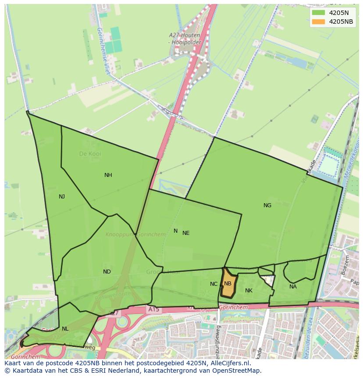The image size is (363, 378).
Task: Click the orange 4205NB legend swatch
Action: click(x=319, y=22)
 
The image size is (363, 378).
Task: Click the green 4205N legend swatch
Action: click(x=319, y=13)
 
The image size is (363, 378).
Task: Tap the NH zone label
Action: click(x=108, y=175)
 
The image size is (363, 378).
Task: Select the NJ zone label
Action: click(x=62, y=197)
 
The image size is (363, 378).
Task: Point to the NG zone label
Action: click(x=267, y=205)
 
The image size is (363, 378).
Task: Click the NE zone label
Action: click(x=186, y=233)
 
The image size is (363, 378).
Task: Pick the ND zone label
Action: click(x=107, y=272)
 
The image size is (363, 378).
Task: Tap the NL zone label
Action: click(x=65, y=329)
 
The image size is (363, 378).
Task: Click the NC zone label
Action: click(x=214, y=284)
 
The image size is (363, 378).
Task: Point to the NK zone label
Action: click(x=249, y=291)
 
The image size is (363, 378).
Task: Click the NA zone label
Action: click(x=293, y=287)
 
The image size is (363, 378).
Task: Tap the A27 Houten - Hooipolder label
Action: click(x=185, y=38)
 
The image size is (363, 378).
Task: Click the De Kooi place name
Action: click(x=88, y=154)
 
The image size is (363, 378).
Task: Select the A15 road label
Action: click(x=153, y=310)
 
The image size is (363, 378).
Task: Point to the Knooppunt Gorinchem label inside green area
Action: click(x=135, y=234)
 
